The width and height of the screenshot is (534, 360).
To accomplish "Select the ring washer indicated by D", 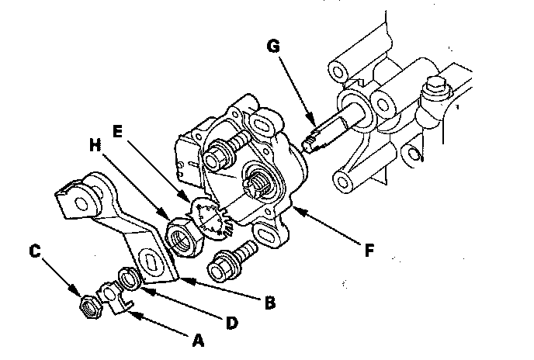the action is (x=127, y=278).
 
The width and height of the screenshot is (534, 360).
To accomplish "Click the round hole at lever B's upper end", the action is (x=80, y=200).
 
